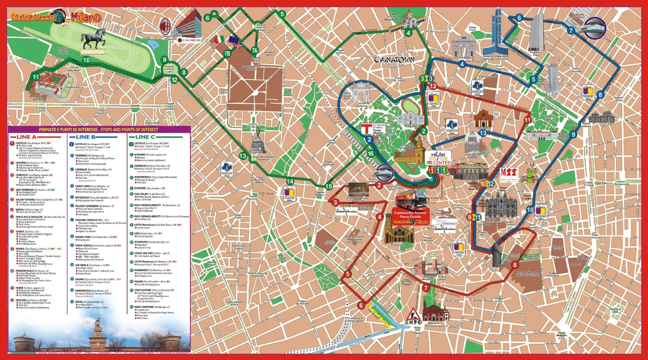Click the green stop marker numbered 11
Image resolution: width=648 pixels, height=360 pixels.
tap(35, 76)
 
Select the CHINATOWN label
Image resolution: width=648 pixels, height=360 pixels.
tap(394, 60)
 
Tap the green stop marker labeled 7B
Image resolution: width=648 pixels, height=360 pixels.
tap(227, 53)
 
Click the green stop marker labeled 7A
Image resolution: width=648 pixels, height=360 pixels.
tap(255, 50)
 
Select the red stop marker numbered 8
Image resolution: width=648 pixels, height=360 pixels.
tap(515, 265)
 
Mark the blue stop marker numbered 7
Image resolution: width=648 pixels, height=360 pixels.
tap(571, 30)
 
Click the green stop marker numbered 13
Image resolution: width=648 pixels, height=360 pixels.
tap(242, 155)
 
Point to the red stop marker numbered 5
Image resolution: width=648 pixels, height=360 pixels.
tap(347, 274)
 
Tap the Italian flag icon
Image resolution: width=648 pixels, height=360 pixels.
tap(218, 40)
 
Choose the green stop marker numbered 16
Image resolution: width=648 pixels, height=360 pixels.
tap(371, 154)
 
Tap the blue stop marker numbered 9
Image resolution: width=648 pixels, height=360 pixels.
tap(573, 134)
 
